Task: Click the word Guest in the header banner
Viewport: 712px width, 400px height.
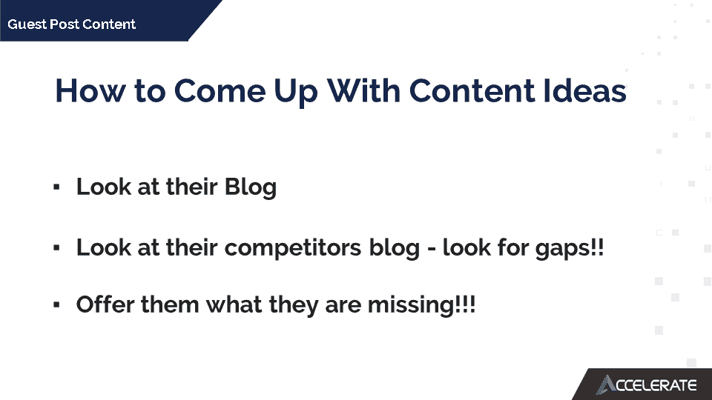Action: pyautogui.click(x=27, y=24)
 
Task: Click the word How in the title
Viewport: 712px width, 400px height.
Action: pyautogui.click(x=90, y=90)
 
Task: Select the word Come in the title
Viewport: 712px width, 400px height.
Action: pyautogui.click(x=220, y=90)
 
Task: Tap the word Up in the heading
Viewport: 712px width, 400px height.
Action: pyautogui.click(x=296, y=93)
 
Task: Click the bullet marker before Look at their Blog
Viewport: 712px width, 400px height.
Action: pyautogui.click(x=56, y=187)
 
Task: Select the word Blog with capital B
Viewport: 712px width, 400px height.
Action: pyautogui.click(x=251, y=187)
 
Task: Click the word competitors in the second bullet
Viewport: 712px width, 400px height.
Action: pyautogui.click(x=293, y=249)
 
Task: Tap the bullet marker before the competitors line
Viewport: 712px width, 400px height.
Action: pyautogui.click(x=56, y=247)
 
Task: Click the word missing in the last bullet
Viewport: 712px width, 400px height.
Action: pyautogui.click(x=410, y=305)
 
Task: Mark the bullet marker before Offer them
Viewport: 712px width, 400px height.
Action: pyautogui.click(x=56, y=304)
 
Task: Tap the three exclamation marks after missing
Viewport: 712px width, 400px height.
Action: pyautogui.click(x=465, y=304)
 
